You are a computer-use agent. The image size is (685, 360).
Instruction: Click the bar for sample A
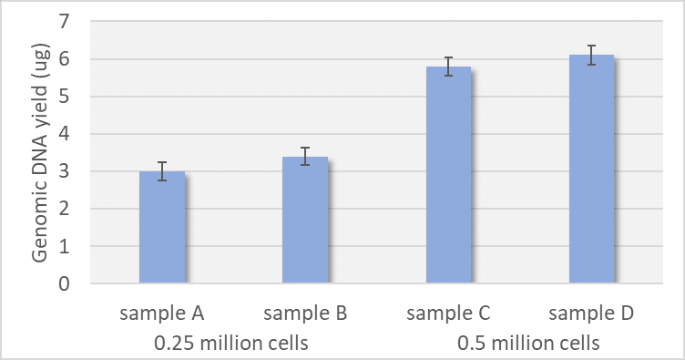[x=162, y=228]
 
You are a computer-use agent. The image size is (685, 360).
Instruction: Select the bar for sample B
[x=305, y=221]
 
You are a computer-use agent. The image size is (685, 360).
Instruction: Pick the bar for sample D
[x=591, y=170]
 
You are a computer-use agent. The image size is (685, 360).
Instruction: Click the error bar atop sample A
[x=162, y=171]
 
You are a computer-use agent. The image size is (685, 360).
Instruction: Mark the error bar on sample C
[x=448, y=67]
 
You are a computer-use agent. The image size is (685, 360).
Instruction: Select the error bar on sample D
[x=591, y=55]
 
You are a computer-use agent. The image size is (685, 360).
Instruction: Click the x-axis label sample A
[x=162, y=314]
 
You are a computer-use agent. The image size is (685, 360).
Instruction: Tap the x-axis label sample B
[x=305, y=314]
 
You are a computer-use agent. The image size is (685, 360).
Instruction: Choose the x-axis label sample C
[x=448, y=314]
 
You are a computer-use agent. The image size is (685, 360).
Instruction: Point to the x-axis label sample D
[x=591, y=314]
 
